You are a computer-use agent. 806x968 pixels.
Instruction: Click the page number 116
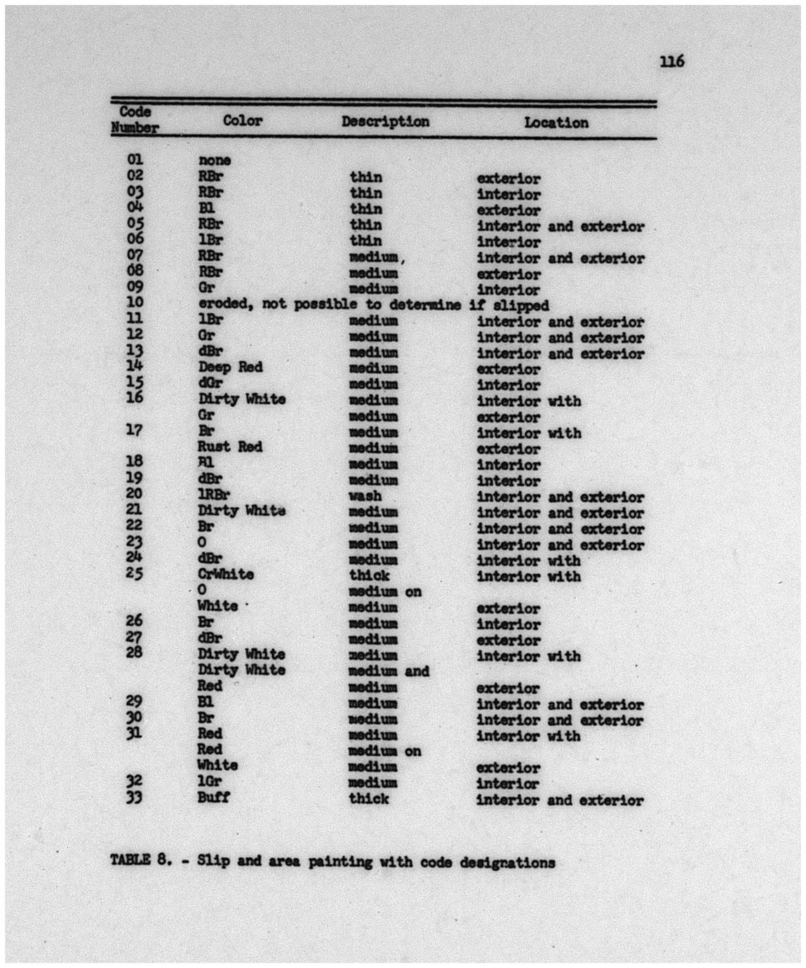pyautogui.click(x=671, y=62)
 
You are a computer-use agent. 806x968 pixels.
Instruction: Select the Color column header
pyautogui.click(x=243, y=121)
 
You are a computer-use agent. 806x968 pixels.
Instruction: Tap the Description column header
pyautogui.click(x=385, y=121)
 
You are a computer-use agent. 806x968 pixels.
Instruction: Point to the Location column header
pyautogui.click(x=556, y=123)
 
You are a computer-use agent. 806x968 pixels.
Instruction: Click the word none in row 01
pyautogui.click(x=215, y=161)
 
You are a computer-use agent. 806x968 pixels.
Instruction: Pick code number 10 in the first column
pyautogui.click(x=135, y=302)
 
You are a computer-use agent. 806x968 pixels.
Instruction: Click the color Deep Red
pyautogui.click(x=230, y=367)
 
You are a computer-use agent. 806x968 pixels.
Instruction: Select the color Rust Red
pyautogui.click(x=229, y=447)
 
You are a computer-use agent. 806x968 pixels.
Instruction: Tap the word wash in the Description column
pyautogui.click(x=365, y=496)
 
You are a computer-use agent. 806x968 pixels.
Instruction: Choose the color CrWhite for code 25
pyautogui.click(x=225, y=574)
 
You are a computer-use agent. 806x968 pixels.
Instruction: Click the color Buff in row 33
pyautogui.click(x=213, y=797)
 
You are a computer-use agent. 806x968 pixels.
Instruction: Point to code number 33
pyautogui.click(x=134, y=797)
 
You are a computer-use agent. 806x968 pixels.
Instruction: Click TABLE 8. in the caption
pyautogui.click(x=140, y=861)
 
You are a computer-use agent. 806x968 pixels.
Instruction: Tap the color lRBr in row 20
pyautogui.click(x=213, y=495)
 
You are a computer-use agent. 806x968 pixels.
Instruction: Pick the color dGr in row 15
pyautogui.click(x=210, y=383)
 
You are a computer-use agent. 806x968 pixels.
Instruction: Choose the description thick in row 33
pyautogui.click(x=368, y=798)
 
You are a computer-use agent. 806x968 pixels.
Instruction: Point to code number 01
pyautogui.click(x=135, y=160)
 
